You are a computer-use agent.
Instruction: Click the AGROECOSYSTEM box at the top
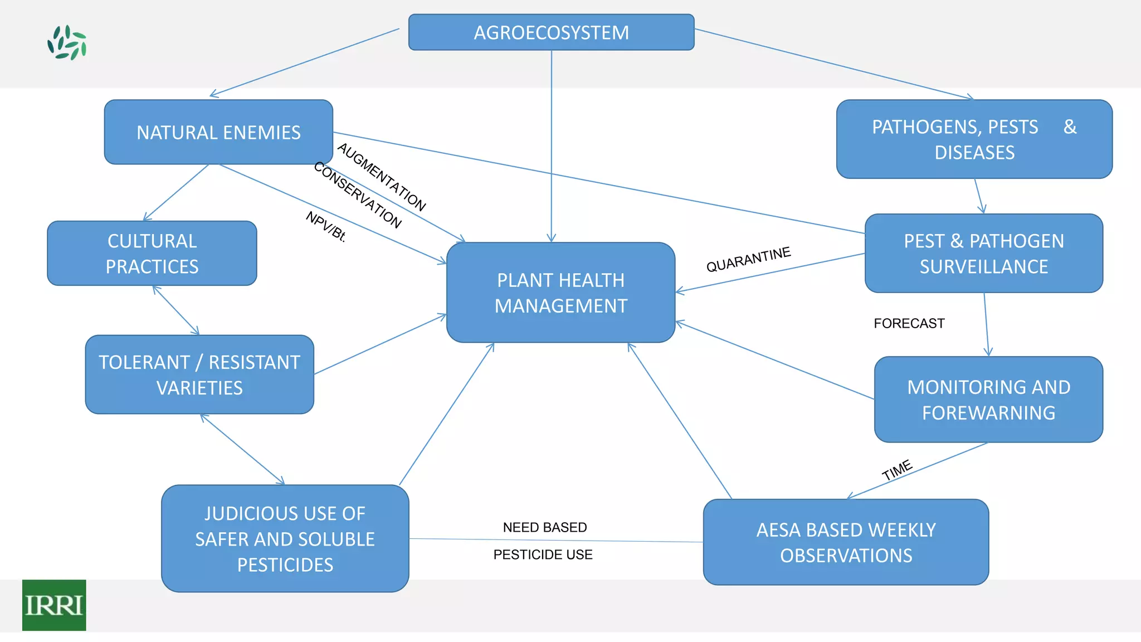(551, 32)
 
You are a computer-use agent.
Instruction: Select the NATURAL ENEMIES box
(218, 132)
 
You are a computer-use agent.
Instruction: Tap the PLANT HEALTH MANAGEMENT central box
(560, 293)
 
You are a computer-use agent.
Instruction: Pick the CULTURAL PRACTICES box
(152, 254)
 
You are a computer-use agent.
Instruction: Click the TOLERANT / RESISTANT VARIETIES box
(199, 374)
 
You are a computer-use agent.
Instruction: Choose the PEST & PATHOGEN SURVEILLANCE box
(983, 254)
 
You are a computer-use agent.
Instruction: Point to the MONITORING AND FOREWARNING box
(988, 400)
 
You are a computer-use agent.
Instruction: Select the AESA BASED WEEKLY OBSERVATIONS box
(846, 542)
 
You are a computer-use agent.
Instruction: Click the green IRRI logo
(54, 605)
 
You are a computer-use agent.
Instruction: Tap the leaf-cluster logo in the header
(67, 42)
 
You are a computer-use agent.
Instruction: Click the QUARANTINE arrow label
(748, 260)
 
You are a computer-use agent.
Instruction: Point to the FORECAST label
(909, 323)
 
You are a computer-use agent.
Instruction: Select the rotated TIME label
(896, 470)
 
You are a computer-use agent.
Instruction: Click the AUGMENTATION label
(382, 177)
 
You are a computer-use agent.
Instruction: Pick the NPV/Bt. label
(326, 226)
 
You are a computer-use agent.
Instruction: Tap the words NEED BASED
(544, 527)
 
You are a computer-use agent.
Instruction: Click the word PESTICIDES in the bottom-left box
(285, 565)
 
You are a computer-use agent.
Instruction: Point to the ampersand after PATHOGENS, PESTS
(1069, 127)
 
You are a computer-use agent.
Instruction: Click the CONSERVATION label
(357, 195)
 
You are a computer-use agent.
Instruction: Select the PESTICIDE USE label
(543, 555)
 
